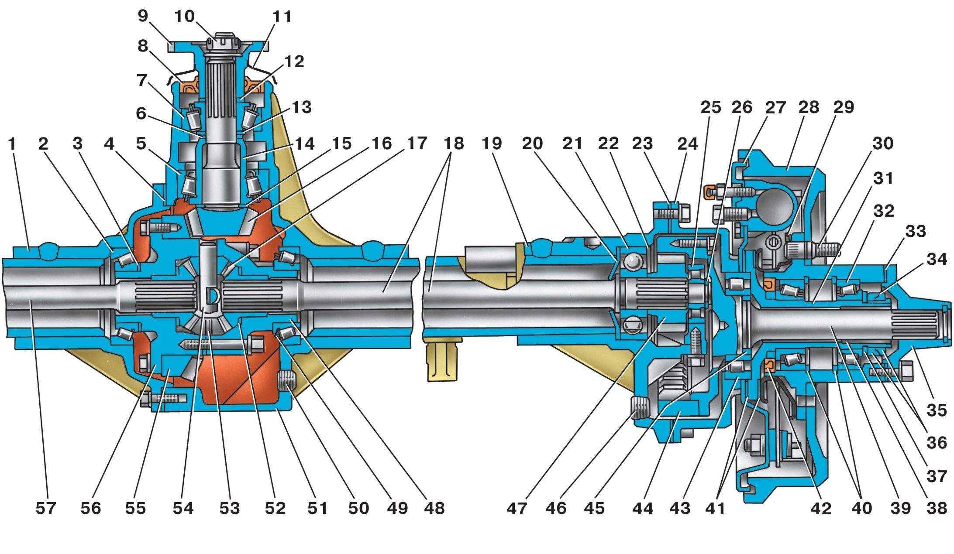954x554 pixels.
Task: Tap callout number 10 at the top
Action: [x=184, y=17]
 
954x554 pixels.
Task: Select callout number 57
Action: [x=46, y=508]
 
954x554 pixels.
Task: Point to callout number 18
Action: [x=454, y=144]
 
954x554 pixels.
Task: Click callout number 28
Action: [x=808, y=107]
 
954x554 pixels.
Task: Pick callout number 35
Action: [x=937, y=410]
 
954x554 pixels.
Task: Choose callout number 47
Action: [x=517, y=508]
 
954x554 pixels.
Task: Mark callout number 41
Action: [x=716, y=508]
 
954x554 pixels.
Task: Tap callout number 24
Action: [x=688, y=144]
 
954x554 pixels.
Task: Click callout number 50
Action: [x=358, y=508]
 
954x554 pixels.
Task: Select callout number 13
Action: [x=302, y=107]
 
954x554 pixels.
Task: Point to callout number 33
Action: [x=916, y=231]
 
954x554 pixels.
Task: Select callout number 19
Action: [x=492, y=144]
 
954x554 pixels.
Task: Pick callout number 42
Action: [x=820, y=508]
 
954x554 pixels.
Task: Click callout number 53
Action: [x=230, y=508]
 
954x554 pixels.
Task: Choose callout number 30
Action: [x=882, y=144]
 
